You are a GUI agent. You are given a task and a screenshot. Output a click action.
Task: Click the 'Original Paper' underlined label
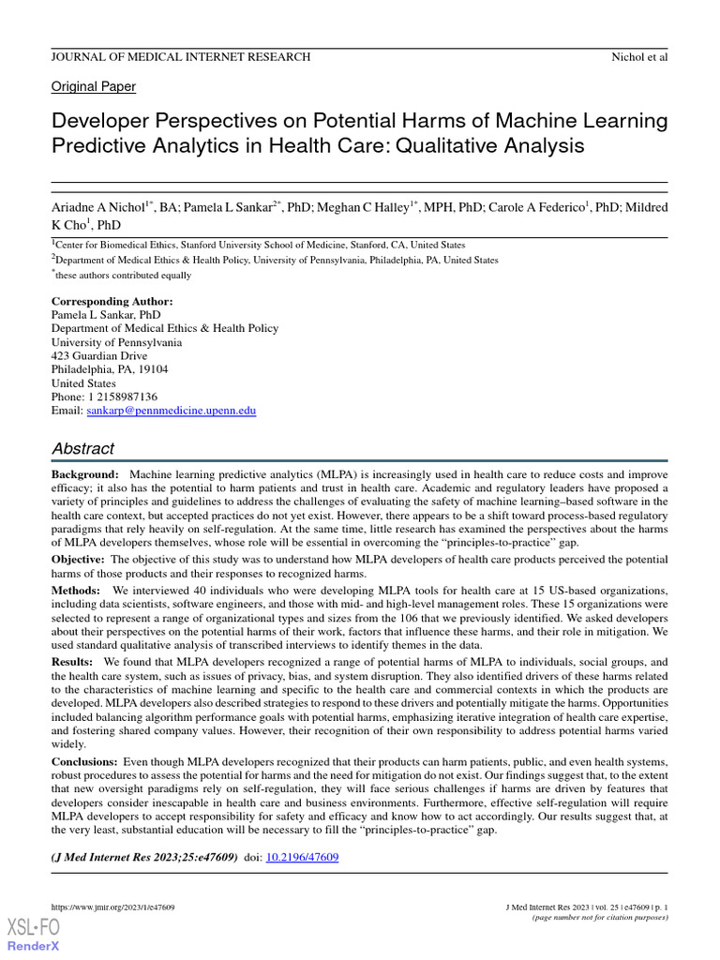coord(93,86)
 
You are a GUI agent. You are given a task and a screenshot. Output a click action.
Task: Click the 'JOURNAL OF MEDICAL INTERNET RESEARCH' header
coord(180,57)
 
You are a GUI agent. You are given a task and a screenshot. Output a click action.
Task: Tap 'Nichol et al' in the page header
coord(638,57)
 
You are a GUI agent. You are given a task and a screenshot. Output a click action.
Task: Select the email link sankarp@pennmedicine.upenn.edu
coord(172,411)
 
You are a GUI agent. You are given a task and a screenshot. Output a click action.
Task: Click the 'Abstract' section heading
coord(82,448)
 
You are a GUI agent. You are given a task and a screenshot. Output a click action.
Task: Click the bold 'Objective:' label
coord(80,559)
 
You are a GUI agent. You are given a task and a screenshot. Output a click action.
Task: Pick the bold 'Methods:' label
coord(76,591)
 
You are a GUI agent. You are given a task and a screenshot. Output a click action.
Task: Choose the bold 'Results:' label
coord(74,662)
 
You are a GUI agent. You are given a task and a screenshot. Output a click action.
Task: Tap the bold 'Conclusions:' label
coord(84,761)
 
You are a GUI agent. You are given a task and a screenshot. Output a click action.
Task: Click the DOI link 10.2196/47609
coord(303,857)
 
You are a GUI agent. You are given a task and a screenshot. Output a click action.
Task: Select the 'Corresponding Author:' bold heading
coord(112,302)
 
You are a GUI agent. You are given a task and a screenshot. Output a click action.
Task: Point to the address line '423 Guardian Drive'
coord(98,356)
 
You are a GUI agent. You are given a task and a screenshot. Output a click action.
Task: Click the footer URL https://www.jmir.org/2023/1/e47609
coord(112,907)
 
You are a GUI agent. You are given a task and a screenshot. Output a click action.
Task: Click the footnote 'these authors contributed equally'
coord(124,276)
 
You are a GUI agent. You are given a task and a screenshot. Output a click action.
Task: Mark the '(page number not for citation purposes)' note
coord(600,918)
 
